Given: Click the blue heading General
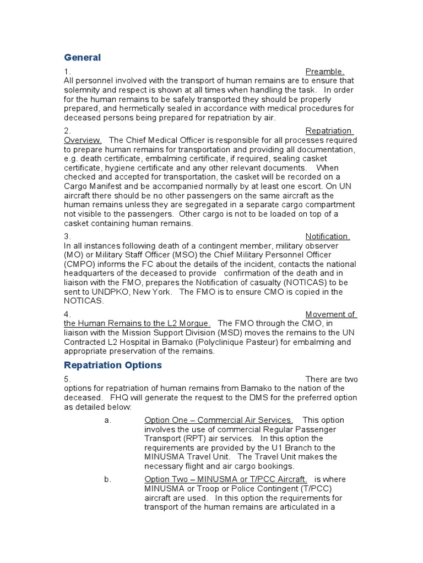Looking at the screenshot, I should click(x=82, y=58).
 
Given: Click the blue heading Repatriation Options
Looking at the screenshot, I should click(x=112, y=365).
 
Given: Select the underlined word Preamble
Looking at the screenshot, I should click(x=325, y=71).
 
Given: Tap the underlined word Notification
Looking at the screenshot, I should click(x=328, y=236).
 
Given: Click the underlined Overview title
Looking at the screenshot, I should click(x=83, y=140).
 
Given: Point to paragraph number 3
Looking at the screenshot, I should click(x=67, y=236).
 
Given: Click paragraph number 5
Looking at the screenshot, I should click(x=67, y=379).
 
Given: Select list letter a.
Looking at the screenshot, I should click(x=107, y=420).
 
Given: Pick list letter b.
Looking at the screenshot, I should click(x=107, y=479).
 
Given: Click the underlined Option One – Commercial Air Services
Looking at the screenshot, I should click(x=219, y=420).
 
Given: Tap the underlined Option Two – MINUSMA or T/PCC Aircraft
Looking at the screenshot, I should click(x=226, y=479).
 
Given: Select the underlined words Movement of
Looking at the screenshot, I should click(x=330, y=314).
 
